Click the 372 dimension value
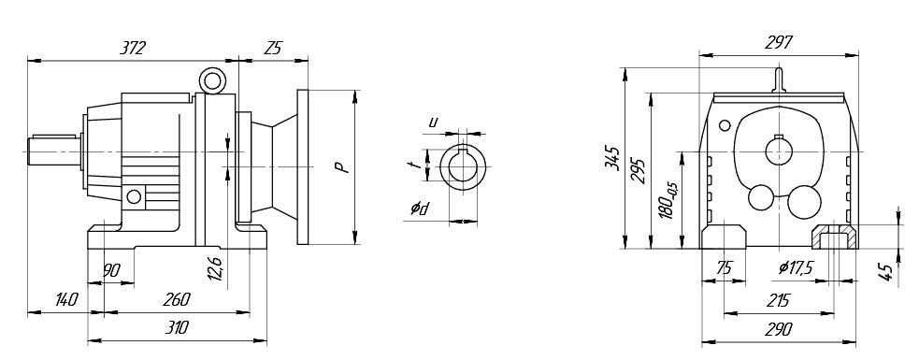pos(132,48)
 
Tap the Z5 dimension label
pos(273,48)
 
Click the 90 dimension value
pos(111,270)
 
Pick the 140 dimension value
pos(66,300)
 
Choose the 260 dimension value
pos(177,299)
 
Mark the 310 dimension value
pos(177,327)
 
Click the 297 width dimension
pos(780,43)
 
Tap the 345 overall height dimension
pos(611,158)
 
